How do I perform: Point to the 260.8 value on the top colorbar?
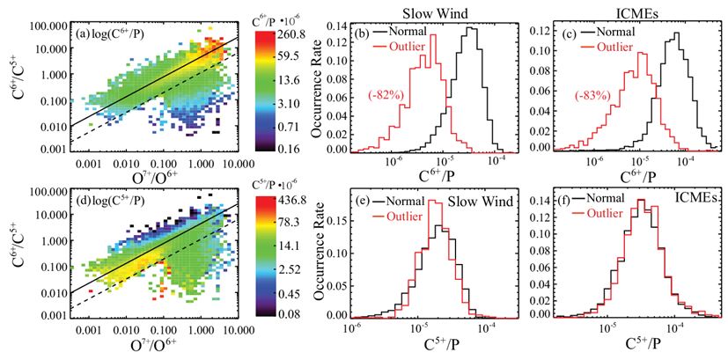coord(272,34)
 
